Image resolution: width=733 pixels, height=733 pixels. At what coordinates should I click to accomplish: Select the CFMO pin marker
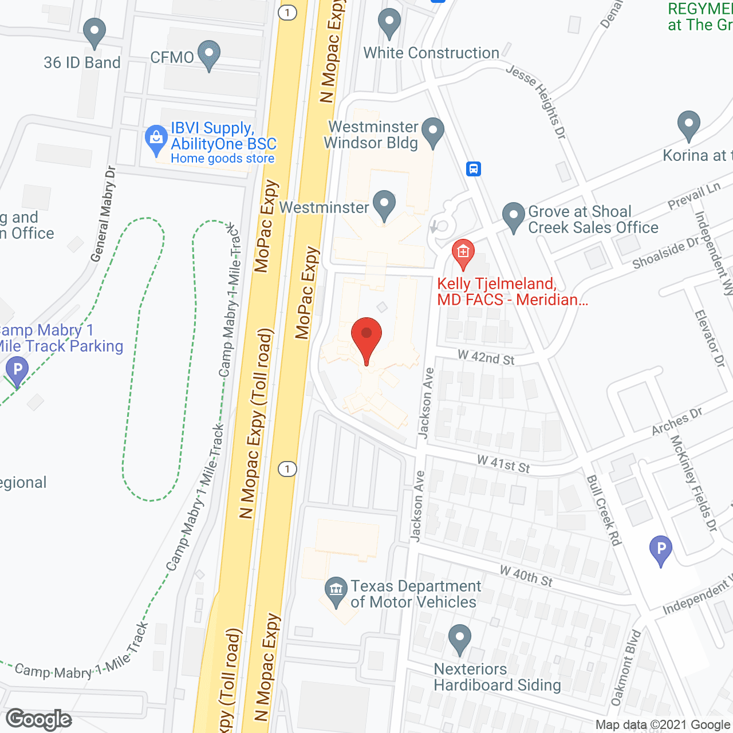click(209, 54)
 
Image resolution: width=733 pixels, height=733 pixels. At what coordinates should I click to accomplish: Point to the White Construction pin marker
click(389, 23)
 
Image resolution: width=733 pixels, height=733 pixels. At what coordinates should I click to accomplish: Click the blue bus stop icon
click(474, 169)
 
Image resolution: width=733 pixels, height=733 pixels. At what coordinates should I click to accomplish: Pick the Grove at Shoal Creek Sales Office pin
click(514, 216)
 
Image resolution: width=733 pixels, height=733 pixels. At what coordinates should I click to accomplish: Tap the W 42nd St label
click(486, 357)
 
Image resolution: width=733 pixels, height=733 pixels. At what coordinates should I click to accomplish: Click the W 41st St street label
click(503, 463)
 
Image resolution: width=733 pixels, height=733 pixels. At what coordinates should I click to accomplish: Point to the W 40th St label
click(526, 576)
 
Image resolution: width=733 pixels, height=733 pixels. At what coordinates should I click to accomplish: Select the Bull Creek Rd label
click(604, 510)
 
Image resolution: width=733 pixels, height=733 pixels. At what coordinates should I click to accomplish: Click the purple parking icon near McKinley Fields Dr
click(660, 550)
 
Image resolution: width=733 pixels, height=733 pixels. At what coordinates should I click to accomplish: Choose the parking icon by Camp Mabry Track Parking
click(17, 371)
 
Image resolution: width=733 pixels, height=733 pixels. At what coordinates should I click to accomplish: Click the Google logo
click(39, 719)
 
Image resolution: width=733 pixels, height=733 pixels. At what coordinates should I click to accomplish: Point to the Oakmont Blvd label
click(625, 668)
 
